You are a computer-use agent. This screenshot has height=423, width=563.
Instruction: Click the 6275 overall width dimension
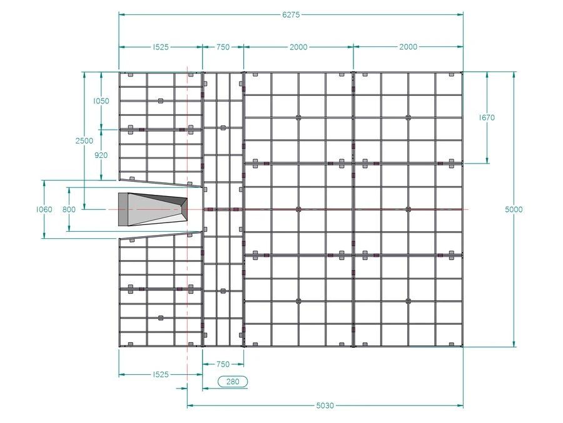[x=291, y=15]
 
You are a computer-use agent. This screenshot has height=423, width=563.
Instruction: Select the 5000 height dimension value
[x=514, y=209]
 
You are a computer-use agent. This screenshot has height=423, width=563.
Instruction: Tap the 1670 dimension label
[x=487, y=118]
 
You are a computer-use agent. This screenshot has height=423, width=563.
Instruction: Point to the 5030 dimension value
[x=325, y=405]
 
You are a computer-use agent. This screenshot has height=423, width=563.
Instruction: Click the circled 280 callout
[x=233, y=382]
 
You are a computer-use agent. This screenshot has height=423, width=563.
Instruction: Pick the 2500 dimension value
[x=84, y=140]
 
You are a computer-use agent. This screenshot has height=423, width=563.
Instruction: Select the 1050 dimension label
[x=101, y=101]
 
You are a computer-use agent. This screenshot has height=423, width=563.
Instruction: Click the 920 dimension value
[x=101, y=155]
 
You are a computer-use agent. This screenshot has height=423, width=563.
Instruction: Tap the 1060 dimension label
[x=44, y=209]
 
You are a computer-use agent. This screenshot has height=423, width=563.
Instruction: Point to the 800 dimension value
[x=69, y=209]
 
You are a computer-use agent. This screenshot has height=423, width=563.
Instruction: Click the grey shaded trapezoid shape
[x=153, y=210]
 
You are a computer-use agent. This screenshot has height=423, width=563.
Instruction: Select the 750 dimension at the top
[x=223, y=47]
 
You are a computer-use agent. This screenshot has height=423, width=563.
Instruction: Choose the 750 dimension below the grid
[x=223, y=364]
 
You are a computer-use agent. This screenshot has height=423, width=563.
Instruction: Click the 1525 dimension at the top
[x=161, y=47]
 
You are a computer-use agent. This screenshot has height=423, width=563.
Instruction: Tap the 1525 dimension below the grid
[x=161, y=375]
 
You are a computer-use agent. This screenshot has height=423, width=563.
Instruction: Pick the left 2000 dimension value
[x=298, y=47]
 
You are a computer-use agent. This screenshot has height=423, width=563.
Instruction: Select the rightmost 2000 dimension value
[x=408, y=47]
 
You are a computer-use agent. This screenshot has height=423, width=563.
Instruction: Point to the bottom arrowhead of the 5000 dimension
[x=514, y=344]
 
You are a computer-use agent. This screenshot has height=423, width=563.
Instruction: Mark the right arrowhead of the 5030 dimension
[x=460, y=405]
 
